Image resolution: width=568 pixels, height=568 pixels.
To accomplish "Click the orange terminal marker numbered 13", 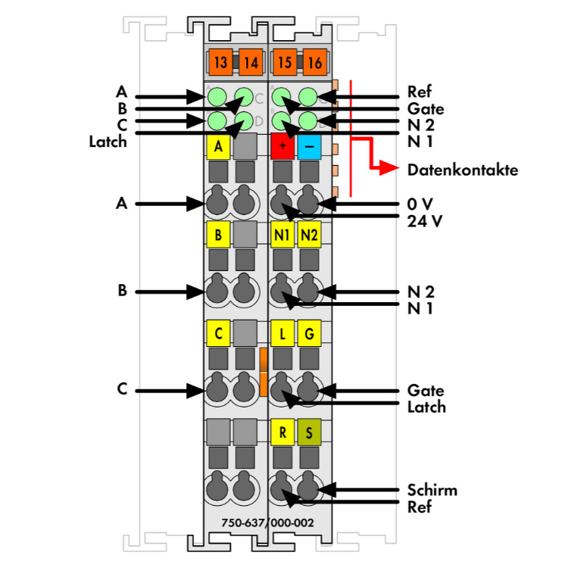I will point(220,62).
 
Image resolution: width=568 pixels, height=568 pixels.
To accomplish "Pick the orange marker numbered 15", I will point(284,62).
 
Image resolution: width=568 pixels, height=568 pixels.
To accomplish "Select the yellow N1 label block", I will point(282,236).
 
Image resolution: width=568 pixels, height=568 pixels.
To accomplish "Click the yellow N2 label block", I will point(309,236).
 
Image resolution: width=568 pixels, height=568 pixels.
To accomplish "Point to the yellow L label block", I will point(282,332).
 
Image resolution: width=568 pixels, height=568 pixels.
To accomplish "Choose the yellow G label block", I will point(309,332).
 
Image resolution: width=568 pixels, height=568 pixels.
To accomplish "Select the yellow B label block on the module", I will point(218,236).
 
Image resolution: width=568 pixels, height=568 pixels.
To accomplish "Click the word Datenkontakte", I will point(462,170).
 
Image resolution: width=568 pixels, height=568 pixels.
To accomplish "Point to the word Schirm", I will point(432,490).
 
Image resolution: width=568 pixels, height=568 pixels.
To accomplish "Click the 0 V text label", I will point(421,204).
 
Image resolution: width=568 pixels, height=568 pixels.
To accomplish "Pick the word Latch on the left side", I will point(108,141).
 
